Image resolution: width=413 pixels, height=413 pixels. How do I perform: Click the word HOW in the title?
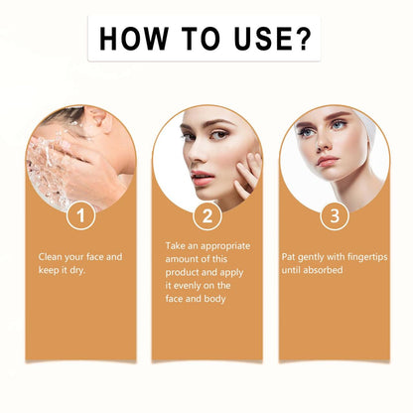[134, 39]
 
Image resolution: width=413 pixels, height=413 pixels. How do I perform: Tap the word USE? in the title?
[273, 39]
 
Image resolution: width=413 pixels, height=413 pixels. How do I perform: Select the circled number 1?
[81, 215]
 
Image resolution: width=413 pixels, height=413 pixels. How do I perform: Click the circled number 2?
[207, 215]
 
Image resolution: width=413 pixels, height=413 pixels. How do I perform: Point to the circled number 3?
[335, 215]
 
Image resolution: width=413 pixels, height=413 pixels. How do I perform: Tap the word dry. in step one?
[77, 270]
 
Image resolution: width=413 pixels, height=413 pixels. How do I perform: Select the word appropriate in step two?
[225, 246]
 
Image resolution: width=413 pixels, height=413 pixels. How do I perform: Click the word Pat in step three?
[288, 257]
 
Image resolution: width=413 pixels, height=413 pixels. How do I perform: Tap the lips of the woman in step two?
[203, 178]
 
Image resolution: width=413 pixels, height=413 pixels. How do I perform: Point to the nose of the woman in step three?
[324, 143]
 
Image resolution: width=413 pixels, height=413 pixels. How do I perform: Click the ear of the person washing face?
[103, 120]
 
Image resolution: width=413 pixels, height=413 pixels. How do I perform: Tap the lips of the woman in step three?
[328, 161]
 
